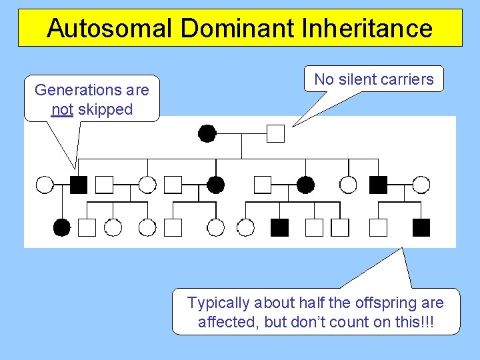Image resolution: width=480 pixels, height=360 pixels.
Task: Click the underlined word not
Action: tap(62, 109)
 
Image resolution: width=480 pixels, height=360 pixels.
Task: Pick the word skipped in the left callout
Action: tap(105, 109)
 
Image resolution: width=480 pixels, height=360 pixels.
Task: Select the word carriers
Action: tap(408, 79)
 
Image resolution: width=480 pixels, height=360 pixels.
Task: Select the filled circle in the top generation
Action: tap(207, 133)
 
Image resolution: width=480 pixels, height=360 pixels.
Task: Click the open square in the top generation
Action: tap(275, 133)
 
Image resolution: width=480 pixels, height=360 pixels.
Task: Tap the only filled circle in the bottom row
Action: tap(61, 228)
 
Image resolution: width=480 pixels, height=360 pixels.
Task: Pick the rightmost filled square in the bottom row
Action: tap(421, 228)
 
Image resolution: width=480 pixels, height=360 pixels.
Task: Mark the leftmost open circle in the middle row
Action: tap(44, 184)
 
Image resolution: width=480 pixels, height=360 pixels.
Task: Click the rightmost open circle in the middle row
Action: tap(421, 184)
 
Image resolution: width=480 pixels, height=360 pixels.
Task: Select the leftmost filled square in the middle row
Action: tap(79, 184)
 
